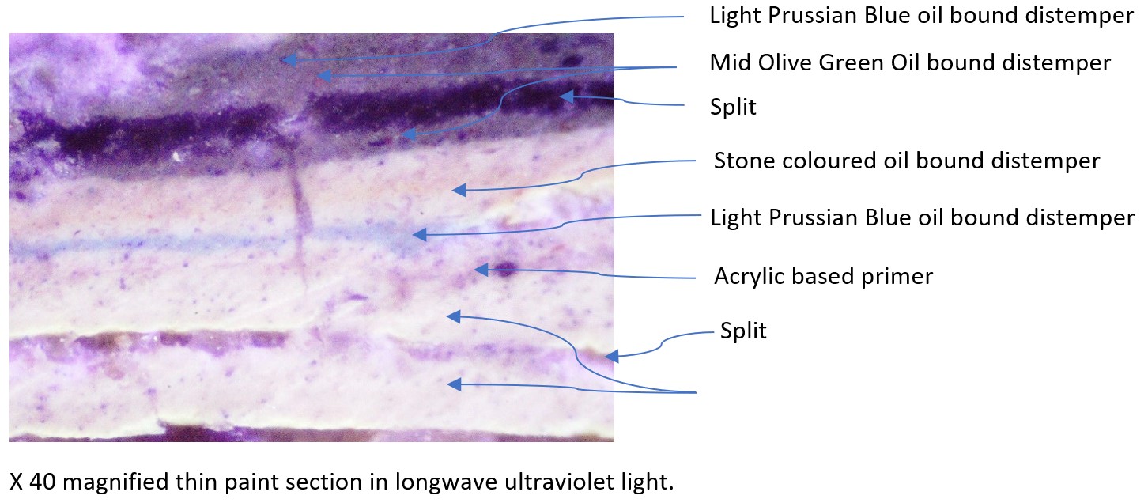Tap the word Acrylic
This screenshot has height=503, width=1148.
click(749, 277)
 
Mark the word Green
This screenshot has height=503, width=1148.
click(852, 63)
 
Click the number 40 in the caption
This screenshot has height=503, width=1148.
click(43, 482)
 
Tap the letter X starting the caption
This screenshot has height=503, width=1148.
click(17, 482)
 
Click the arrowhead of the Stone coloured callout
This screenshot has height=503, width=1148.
click(459, 191)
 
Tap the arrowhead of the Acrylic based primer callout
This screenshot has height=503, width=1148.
click(481, 270)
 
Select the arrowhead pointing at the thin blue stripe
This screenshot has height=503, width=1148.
click(420, 235)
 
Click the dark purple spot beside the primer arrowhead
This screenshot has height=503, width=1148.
click(506, 269)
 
